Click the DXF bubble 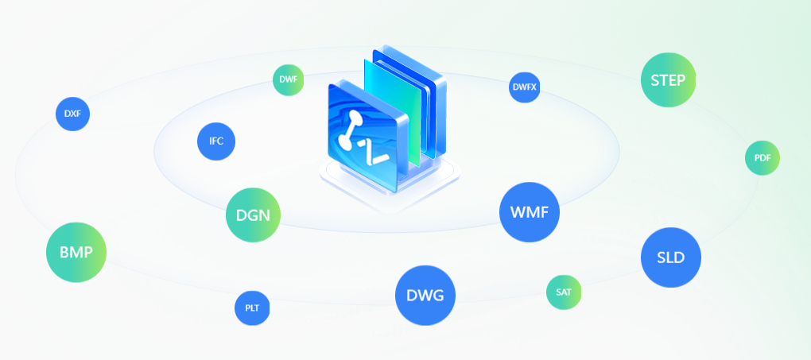[72, 114]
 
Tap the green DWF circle [288, 80]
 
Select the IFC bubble [216, 141]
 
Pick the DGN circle [253, 215]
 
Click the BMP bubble [76, 253]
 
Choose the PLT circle [252, 308]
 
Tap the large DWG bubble [425, 296]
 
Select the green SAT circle [564, 292]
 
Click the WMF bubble [529, 212]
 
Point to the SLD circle [671, 257]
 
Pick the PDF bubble [762, 158]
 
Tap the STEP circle [668, 80]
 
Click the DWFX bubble [525, 87]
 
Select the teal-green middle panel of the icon [393, 111]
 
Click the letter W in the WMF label [518, 212]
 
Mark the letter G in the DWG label [437, 296]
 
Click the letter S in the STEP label [655, 80]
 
